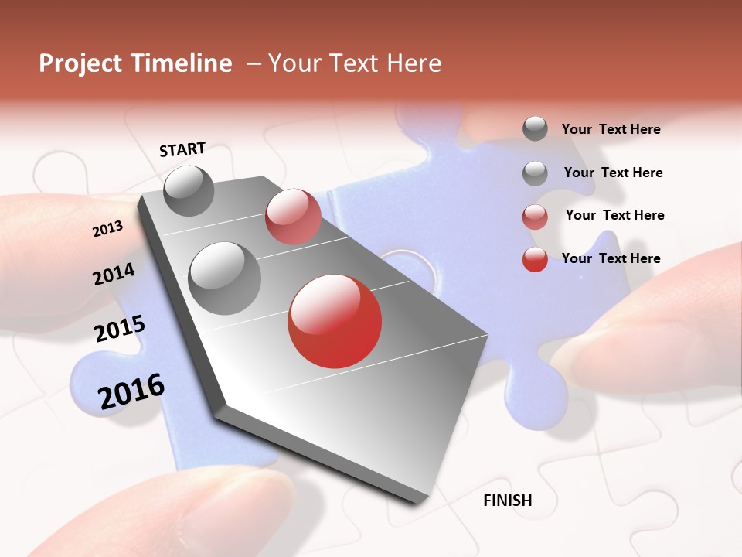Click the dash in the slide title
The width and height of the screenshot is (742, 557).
(254, 64)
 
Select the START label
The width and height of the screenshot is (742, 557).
(182, 149)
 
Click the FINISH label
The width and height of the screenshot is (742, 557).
(508, 501)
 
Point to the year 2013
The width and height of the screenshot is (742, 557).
(107, 229)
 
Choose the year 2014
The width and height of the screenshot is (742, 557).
(114, 274)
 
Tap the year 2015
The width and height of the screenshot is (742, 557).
(120, 329)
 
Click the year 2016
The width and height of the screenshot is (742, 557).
(131, 391)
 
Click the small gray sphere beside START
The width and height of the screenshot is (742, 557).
(189, 190)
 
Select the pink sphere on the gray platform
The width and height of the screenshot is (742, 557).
(293, 217)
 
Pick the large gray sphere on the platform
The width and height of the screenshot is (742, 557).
(224, 278)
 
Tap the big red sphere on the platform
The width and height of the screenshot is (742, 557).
(335, 321)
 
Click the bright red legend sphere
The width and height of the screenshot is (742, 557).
(535, 259)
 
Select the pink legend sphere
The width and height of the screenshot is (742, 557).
(535, 217)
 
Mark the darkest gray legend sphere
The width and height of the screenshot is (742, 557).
(535, 128)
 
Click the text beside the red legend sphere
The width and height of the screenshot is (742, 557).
(611, 258)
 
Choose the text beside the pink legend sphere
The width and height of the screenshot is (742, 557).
(614, 215)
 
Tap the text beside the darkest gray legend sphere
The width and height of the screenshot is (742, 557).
(611, 129)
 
